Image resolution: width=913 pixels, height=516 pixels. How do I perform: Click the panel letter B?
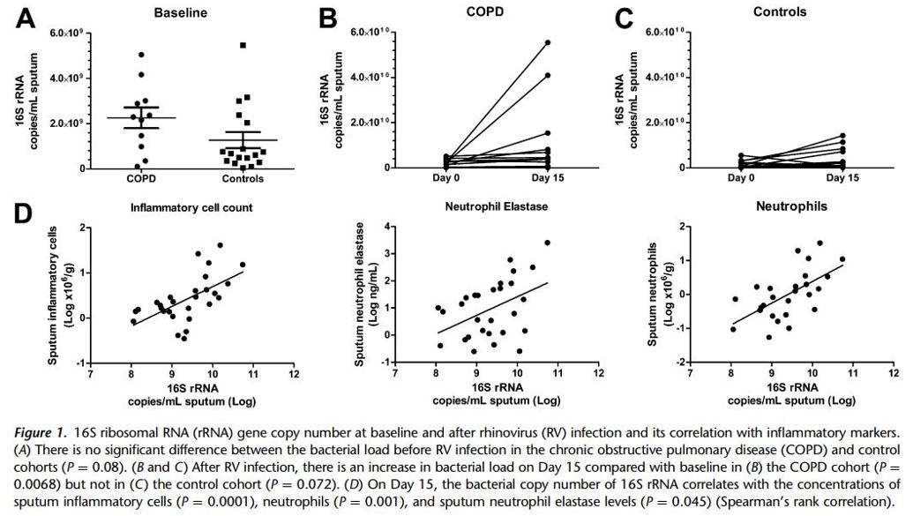pos(327,18)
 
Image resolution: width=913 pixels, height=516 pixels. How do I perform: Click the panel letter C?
pos(623,18)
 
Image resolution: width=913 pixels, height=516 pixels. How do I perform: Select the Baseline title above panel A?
pos(180,13)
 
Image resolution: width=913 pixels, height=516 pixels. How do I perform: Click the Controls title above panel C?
pos(780,12)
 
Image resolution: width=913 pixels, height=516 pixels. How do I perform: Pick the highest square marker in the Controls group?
pos(243,45)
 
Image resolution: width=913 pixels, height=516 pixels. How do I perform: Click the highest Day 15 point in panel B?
pos(547,42)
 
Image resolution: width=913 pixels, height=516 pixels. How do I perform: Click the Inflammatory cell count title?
pos(191,208)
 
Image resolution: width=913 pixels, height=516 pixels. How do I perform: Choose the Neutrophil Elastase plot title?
pos(498,207)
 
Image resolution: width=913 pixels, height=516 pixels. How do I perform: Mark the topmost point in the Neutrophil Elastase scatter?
pos(547,243)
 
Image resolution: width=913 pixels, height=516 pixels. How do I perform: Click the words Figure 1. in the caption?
pos(41,432)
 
